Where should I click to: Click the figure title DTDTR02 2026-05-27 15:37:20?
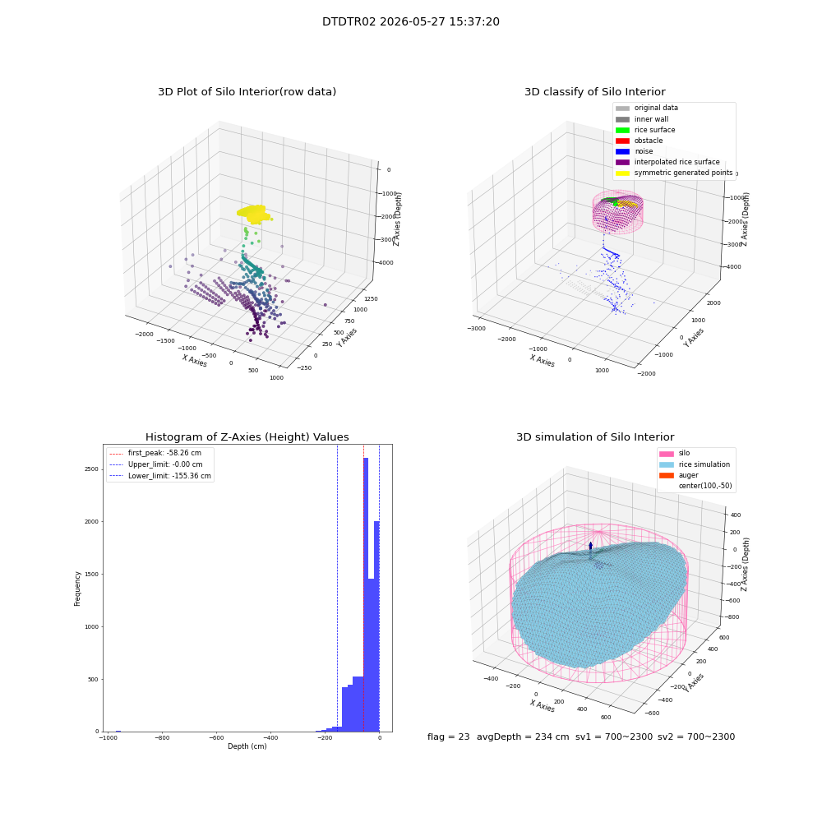tap(410, 22)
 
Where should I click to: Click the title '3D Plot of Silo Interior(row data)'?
tap(247, 92)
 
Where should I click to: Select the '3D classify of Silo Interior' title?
tap(595, 92)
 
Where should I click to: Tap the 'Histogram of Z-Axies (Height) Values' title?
tap(247, 437)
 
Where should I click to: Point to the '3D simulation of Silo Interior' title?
tap(595, 437)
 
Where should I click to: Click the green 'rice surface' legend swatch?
tap(622, 130)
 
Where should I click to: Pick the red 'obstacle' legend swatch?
tap(622, 141)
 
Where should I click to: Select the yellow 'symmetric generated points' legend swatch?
tap(622, 173)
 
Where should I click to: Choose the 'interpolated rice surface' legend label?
tap(677, 162)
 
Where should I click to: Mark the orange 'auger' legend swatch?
tap(667, 475)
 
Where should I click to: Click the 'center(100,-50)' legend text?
tap(705, 486)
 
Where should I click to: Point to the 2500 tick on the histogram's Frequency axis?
tap(92, 469)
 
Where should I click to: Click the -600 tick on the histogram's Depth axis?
tap(216, 738)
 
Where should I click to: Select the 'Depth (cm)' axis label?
tap(247, 746)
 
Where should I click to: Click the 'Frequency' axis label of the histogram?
tap(77, 589)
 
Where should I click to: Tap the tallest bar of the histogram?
tap(366, 594)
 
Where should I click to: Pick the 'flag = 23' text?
tap(448, 737)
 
